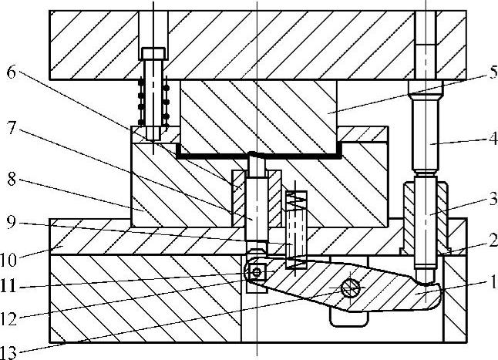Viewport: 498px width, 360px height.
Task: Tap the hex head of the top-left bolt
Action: tap(153, 54)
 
